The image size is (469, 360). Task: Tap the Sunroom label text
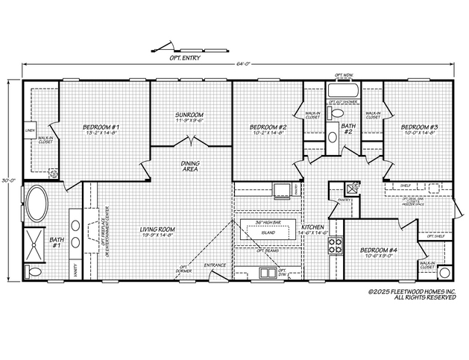click(189, 116)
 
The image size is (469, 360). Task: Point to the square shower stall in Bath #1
click(36, 241)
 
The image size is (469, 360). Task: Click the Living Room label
click(157, 230)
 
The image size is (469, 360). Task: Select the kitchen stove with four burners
click(336, 246)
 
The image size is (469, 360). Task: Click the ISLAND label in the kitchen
click(268, 233)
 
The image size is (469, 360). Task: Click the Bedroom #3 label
click(421, 128)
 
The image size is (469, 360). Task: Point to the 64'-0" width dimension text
click(243, 64)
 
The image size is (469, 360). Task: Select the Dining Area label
click(190, 167)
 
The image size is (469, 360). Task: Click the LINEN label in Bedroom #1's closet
click(30, 130)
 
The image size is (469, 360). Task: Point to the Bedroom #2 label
click(268, 128)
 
